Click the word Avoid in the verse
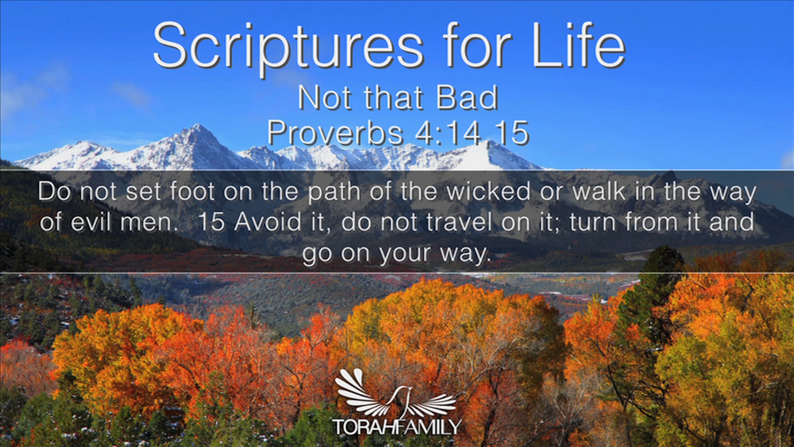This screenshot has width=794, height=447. point(268,222)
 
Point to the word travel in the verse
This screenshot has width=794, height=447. point(459,222)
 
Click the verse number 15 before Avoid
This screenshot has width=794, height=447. point(212,222)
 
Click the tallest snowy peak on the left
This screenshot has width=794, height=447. point(198,126)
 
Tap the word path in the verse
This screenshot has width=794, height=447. point(334,192)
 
